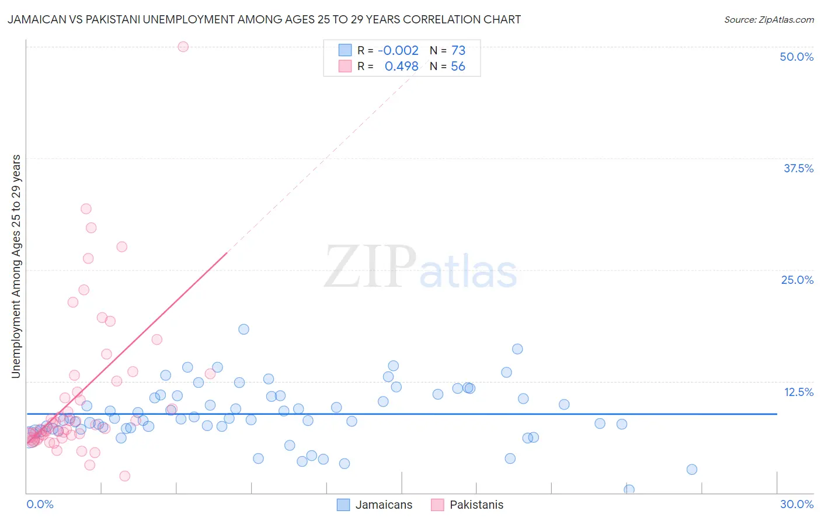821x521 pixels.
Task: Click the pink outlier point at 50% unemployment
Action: pos(183,47)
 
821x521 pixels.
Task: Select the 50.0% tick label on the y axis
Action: pos(796,57)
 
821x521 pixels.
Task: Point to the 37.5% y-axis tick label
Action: pos(798,168)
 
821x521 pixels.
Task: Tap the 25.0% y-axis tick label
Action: pos(797,280)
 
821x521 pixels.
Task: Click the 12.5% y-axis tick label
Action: pos(798,392)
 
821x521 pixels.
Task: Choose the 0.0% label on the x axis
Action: pos(40,504)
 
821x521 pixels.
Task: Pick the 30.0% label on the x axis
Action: pos(796,504)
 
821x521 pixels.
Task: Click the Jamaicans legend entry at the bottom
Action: pos(375,505)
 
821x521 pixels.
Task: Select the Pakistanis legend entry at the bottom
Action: pos(468,505)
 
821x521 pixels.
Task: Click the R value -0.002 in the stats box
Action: pos(398,51)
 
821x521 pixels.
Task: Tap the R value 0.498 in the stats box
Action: pos(401,67)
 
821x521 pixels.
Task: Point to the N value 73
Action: pos(458,51)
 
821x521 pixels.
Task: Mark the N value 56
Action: pos(458,67)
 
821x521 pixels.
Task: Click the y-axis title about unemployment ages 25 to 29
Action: pos(16,266)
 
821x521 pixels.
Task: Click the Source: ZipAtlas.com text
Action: pos(768,19)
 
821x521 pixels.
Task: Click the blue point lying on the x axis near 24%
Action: pos(629,489)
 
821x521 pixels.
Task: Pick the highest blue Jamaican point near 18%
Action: pos(243,329)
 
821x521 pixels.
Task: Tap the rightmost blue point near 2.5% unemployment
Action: pos(691,470)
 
